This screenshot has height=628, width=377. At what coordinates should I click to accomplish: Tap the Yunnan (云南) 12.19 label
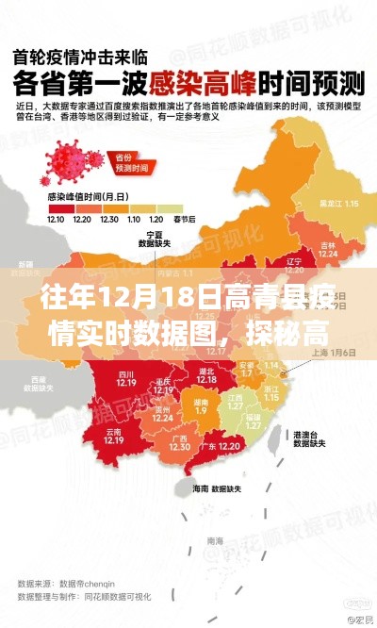coord(114,436)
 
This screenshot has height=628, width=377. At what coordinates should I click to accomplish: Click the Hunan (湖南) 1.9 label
coord(201,406)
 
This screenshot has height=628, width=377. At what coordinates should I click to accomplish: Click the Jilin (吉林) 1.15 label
coord(327,248)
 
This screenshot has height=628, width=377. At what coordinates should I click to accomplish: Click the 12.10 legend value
coord(58,219)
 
